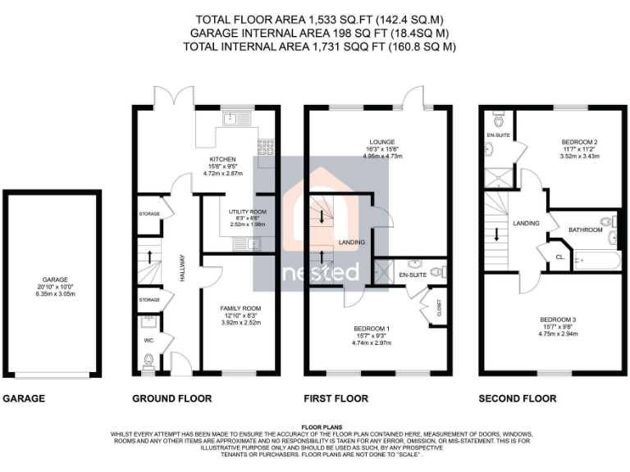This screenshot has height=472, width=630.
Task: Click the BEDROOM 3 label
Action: click(557, 319)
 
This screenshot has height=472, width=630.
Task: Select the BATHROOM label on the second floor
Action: click(587, 230)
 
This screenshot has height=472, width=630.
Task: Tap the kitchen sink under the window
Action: click(231, 119)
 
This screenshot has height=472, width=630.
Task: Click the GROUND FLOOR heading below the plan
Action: click(171, 399)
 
